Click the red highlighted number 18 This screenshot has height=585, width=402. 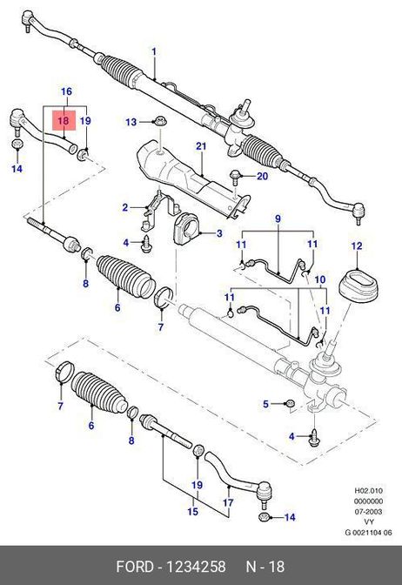coord(64,120)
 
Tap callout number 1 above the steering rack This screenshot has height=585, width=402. coord(154,51)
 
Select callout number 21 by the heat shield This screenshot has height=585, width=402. coord(201,145)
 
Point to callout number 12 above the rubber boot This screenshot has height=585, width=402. coord(357,245)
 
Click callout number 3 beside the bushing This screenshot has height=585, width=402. coord(219,233)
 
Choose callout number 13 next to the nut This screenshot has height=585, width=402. coord(131,122)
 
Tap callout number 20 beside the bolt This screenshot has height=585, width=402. coord(263,175)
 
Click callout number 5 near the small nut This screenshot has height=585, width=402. coord(265,404)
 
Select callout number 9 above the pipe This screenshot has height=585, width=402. coord(278,219)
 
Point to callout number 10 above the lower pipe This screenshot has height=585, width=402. coord(320,279)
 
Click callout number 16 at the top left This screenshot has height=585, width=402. coord(66,91)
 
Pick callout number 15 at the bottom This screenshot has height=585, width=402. coord(192,511)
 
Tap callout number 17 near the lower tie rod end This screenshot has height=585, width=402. coord(228,502)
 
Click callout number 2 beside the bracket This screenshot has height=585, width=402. coord(125,207)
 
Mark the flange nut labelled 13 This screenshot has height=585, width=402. coord(160,121)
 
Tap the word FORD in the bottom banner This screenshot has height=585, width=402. coord(135,567)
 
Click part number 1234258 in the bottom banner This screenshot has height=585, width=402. coord(196,567)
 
